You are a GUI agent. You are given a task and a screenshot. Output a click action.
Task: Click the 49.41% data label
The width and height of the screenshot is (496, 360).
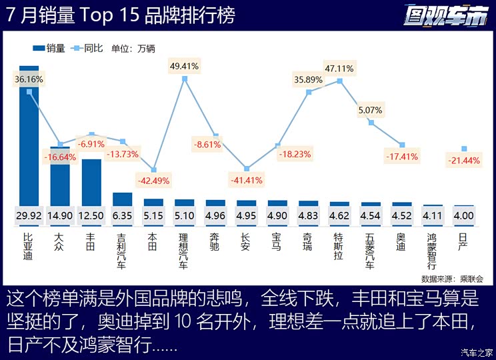point(185,66)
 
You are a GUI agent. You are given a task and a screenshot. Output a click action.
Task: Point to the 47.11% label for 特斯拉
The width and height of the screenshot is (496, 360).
point(339,68)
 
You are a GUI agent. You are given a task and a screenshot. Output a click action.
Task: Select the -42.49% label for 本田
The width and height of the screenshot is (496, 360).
point(153,180)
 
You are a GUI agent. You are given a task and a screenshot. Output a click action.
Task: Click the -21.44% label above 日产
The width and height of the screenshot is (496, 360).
point(464,161)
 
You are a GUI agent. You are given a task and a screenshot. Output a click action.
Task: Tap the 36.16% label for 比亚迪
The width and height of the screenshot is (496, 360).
point(29,79)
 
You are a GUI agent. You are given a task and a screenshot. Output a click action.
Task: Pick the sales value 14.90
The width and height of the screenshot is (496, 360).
point(60,215)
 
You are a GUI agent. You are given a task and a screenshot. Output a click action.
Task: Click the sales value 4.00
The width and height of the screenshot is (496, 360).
point(464,215)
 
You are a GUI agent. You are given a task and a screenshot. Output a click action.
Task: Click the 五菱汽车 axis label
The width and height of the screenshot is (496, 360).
point(371,250)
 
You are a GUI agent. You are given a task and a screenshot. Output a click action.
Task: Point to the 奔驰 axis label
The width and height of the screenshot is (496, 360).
point(215,241)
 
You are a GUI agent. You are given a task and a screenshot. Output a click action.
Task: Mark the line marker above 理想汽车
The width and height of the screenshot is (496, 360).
point(185,79)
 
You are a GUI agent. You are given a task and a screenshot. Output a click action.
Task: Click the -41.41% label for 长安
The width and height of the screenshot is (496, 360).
point(247,180)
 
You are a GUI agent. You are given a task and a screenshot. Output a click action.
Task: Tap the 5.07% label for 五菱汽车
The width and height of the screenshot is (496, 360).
point(370,110)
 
